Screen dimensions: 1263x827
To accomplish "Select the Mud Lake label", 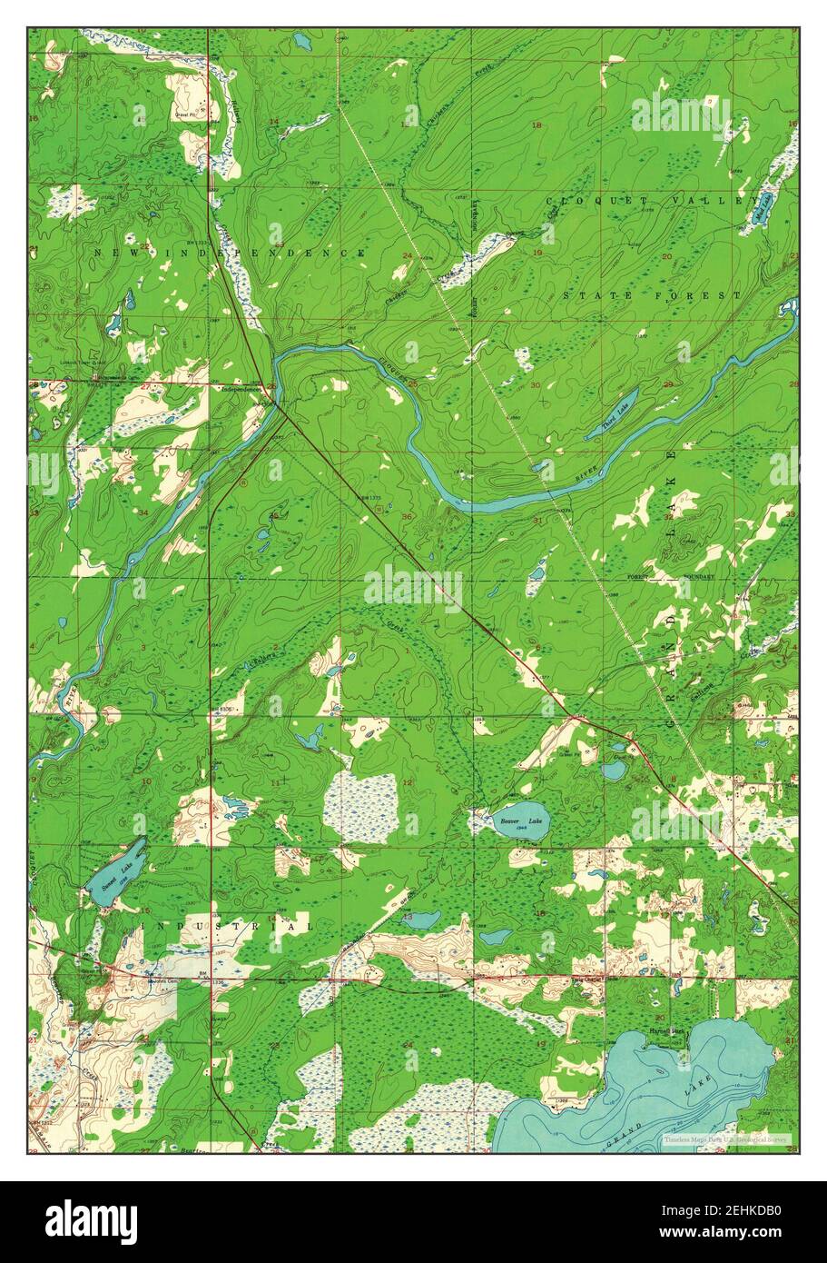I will [x=764, y=208].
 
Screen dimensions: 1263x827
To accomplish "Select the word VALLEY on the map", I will [x=716, y=200].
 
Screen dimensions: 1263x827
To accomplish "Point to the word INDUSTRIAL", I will [x=227, y=925].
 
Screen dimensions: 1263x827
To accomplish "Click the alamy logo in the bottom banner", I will [x=93, y=1221].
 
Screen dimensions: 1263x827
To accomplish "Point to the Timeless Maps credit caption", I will [x=725, y=1139].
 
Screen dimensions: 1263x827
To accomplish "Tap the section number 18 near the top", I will [x=536, y=124].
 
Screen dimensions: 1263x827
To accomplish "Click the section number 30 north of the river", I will [x=535, y=385].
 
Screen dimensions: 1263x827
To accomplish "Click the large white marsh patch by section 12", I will [x=361, y=806].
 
